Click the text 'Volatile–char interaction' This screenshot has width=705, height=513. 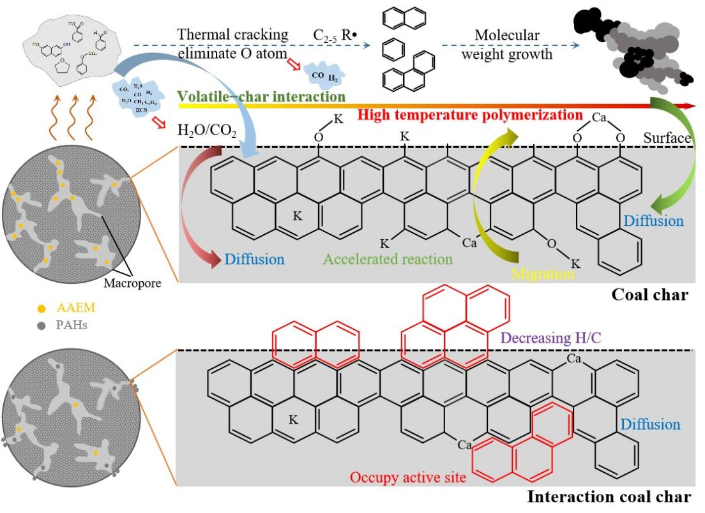tap(261, 96)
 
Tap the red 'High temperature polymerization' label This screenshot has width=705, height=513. tap(471, 115)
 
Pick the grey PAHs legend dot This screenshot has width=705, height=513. tap(42, 326)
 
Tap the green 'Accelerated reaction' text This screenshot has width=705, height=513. tap(388, 259)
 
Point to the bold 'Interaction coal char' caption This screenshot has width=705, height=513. tap(609, 496)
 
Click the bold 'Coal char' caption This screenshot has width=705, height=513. tap(649, 295)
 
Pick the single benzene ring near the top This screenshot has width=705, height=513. tap(392, 49)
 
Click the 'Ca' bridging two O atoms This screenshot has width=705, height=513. tap(598, 118)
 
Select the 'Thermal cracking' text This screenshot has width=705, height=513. tap(233, 34)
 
